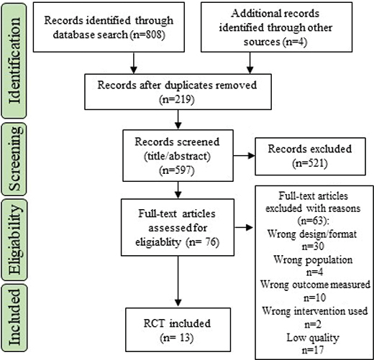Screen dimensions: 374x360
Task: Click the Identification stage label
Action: (x=14, y=61)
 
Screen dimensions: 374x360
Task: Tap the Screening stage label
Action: (x=15, y=159)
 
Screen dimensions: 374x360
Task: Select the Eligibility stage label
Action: (x=15, y=239)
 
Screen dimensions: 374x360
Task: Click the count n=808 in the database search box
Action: (x=147, y=34)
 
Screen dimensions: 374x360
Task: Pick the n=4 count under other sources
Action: (x=295, y=42)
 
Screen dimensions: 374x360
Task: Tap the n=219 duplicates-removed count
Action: (x=177, y=99)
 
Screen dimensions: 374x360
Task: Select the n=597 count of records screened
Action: (x=177, y=170)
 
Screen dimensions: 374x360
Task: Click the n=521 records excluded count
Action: (x=310, y=163)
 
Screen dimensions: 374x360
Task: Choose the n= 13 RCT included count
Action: (x=177, y=338)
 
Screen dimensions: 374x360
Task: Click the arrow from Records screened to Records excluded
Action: (x=244, y=156)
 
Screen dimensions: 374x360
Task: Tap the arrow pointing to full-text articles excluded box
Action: (x=244, y=227)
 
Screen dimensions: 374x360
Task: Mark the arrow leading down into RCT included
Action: (x=178, y=281)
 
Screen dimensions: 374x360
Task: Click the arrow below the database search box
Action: (x=134, y=63)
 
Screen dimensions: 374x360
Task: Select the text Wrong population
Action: (x=313, y=259)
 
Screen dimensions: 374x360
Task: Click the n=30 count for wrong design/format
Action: (x=313, y=246)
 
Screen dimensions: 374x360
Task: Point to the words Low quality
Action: (x=313, y=338)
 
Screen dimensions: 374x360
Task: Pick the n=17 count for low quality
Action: (x=313, y=350)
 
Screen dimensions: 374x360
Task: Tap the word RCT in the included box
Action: (x=154, y=323)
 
